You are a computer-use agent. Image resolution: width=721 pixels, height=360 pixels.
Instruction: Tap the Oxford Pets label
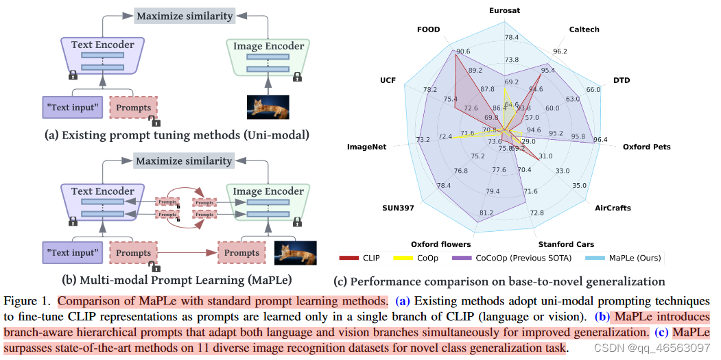646,147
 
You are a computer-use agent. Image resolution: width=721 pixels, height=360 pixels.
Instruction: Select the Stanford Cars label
565,244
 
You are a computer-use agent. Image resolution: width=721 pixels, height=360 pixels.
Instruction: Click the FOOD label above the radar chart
428,30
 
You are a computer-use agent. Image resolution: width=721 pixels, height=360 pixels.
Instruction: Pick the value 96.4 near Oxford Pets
600,140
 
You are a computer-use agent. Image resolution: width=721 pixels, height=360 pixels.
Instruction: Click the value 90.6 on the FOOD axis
462,51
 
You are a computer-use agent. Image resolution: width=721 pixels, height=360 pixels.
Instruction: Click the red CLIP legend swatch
349,259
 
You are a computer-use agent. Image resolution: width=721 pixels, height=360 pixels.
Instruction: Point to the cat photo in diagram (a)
268,108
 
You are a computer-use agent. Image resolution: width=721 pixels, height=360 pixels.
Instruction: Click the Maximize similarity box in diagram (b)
183,161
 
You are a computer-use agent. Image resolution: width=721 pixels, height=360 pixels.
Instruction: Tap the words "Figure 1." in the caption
28,300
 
